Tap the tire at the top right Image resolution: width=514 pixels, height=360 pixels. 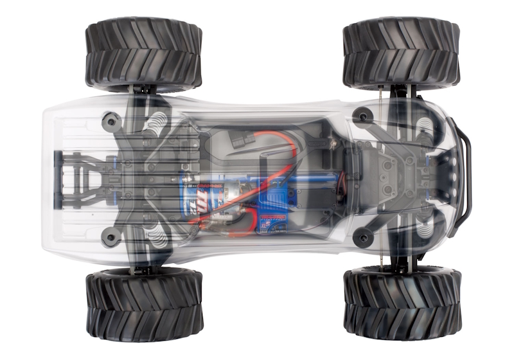click(x=401, y=52)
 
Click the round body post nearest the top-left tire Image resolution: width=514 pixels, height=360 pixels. click(x=112, y=120)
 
